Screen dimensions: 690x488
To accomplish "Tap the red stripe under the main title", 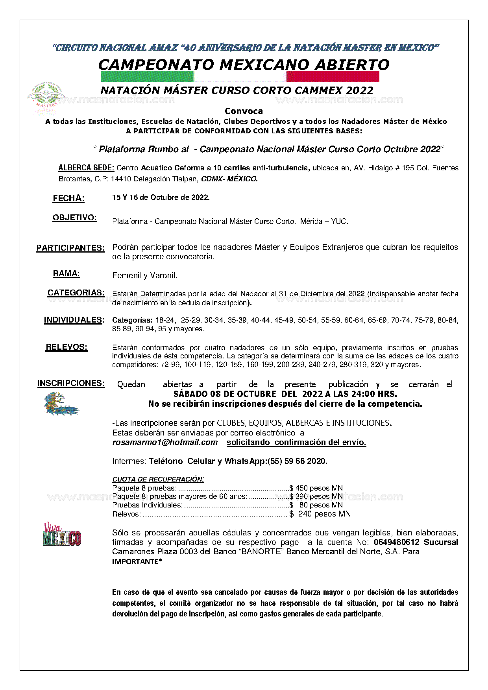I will tap(333, 76).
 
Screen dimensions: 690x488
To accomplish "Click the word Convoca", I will tap(244, 111).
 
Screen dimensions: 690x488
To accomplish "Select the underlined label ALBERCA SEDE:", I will tap(86, 168).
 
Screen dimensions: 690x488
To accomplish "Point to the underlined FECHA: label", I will tap(68, 198).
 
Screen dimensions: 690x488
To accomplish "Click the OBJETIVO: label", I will tap(75, 218).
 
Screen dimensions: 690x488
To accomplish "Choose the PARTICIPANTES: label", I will tap(70, 248).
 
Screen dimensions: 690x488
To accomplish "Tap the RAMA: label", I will tap(67, 274).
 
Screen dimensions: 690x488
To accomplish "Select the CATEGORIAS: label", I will tap(76, 293).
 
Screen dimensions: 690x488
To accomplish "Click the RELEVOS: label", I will tap(67, 347).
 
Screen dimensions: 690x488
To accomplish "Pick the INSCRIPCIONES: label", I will tap(71, 383).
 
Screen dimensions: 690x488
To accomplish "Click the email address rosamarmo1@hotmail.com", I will tap(165, 442).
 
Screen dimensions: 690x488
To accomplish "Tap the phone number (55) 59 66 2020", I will tap(297, 461).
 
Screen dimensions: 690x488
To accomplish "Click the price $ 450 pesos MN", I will tap(316, 488).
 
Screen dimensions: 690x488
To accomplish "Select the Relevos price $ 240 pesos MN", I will tap(320, 514).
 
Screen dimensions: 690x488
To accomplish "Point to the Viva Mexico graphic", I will tap(62, 535).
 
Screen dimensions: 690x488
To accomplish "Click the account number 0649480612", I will tap(396, 542).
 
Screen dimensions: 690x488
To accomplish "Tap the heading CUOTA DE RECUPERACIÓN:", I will tap(158, 479).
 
